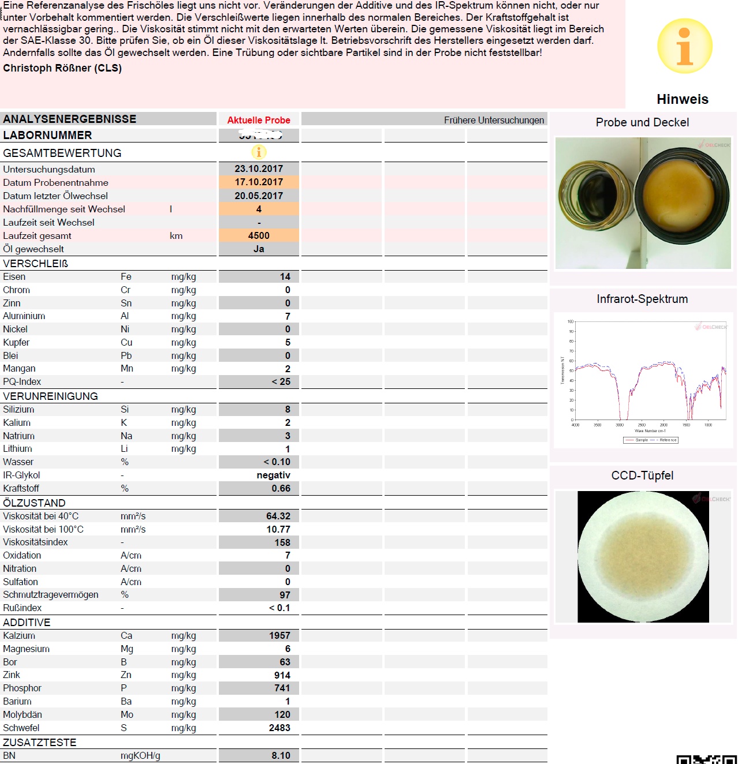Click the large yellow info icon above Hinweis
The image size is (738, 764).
coord(684,46)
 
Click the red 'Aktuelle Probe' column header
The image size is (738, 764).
coord(259,120)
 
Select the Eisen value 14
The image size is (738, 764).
coord(285,277)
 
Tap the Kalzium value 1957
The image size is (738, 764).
coord(279,636)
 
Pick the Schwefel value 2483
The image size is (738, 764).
coord(279,728)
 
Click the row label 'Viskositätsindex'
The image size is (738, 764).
coord(35,542)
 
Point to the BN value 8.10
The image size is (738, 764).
coord(281,756)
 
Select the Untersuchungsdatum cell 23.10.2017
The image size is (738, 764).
coord(259,169)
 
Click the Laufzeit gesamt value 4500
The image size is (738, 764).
coord(259,235)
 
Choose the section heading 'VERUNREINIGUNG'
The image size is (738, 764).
coord(50,396)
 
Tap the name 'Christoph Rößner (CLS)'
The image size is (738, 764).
coord(62,68)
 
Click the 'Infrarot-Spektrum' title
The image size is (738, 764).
coord(642,299)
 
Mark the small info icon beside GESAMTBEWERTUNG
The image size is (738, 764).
coord(259,152)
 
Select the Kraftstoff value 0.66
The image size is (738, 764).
coord(281,489)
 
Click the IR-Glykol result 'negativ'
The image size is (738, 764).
coord(273,475)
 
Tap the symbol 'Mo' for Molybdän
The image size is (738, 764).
coord(127,715)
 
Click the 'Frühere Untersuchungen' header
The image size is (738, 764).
coord(494,120)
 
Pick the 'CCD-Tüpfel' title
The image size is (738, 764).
coord(642,475)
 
